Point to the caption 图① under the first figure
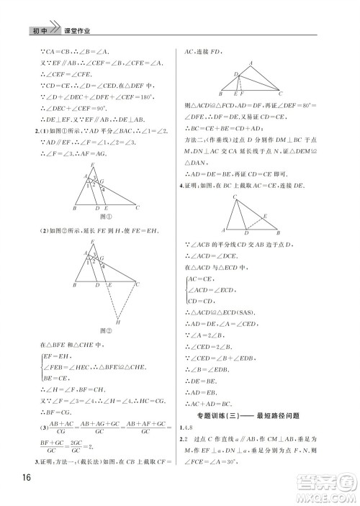[106, 215]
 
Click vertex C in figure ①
[138, 207]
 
